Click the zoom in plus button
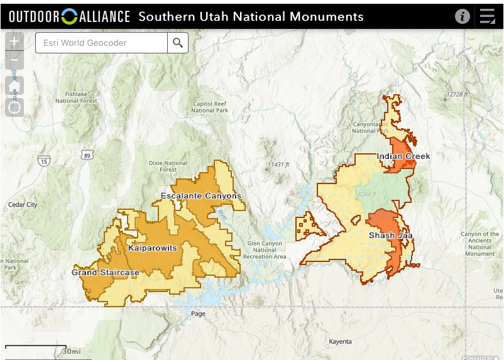point(14,43)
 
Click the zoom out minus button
point(14,61)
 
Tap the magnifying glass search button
point(178,43)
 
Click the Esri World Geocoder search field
point(101,43)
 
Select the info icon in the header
point(463,16)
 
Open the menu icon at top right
point(488,16)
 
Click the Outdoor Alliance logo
point(69,16)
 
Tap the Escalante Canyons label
point(200,196)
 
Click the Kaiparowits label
point(152,248)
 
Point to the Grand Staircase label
point(105,273)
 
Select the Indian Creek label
point(403,156)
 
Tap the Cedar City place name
point(23,205)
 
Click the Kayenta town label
point(341,342)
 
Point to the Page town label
point(199,314)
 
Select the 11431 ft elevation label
point(278,164)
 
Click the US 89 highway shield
point(87,155)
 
